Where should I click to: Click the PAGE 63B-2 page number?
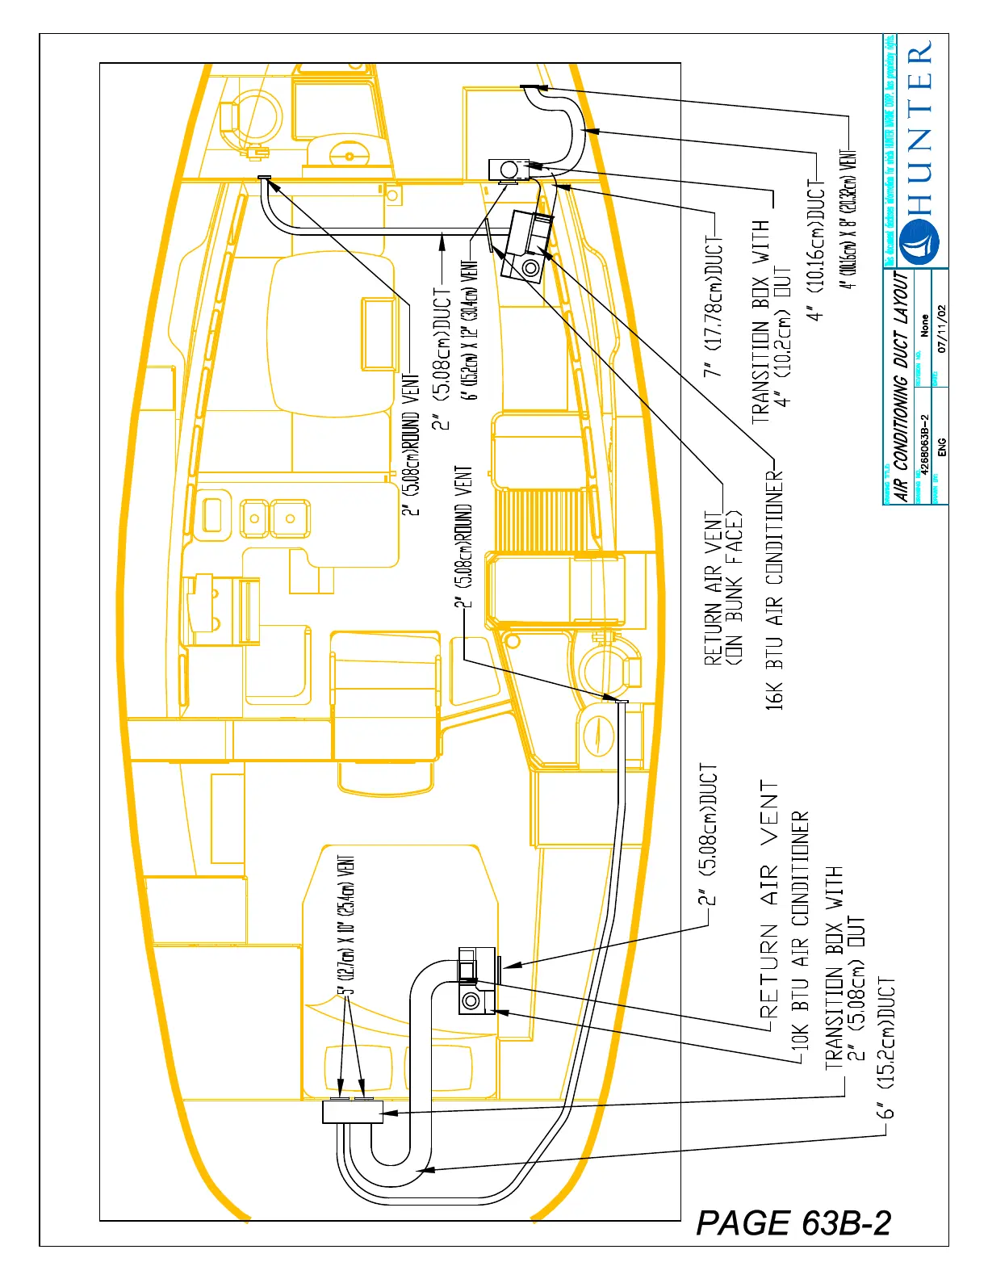point(793,1223)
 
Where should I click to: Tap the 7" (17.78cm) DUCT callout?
point(714,307)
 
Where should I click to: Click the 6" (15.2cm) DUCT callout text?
point(887,1048)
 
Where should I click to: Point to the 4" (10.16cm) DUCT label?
point(817,251)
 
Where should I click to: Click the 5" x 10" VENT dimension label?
point(346,924)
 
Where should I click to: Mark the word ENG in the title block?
point(941,448)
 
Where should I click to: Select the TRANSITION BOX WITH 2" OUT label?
point(844,969)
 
